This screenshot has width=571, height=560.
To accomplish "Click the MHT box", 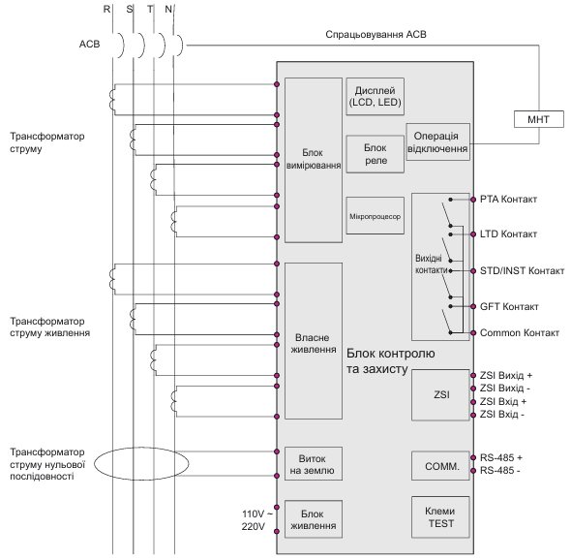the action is [539, 119].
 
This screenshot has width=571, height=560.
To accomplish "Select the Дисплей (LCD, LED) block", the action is [376, 96].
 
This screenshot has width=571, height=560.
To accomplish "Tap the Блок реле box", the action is [376, 154].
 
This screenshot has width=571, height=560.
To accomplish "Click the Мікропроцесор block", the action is [376, 216].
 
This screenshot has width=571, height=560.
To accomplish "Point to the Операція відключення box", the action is [437, 141].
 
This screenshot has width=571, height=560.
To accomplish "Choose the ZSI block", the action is [440, 395].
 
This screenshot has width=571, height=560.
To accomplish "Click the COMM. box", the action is [440, 466].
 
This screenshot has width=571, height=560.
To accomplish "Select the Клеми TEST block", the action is [440, 517].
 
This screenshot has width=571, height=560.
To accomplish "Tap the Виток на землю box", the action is [314, 463].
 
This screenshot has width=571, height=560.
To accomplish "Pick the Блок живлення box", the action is [314, 519].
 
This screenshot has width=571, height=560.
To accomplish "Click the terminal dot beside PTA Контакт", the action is [473, 200].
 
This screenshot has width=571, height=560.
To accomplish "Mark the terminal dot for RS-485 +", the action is [473, 457].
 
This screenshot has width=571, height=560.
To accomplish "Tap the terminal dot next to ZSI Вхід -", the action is [473, 415].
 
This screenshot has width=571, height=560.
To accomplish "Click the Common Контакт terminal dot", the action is [473, 333].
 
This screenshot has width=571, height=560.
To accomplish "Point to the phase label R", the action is [106, 9].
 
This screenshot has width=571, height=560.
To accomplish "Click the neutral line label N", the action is [168, 9].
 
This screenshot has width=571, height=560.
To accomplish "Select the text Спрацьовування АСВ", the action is [376, 34].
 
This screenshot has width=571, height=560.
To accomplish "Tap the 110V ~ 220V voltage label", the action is [256, 520].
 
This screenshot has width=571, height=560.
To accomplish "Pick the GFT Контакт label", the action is [509, 306].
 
